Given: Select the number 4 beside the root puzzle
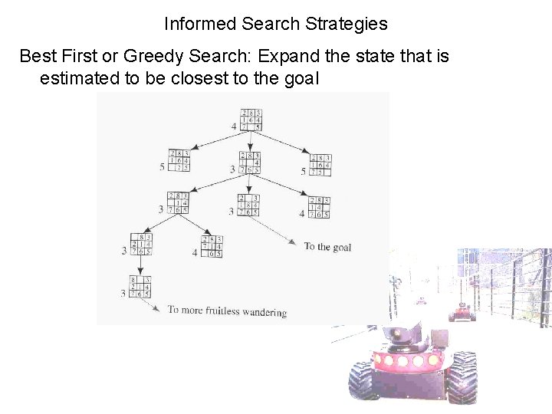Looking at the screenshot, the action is [233, 126].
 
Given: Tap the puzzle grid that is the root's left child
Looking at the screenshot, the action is [179, 161].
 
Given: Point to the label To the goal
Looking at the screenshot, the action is [327, 247].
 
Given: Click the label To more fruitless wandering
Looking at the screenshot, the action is [227, 311].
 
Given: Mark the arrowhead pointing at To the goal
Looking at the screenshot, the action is [294, 245].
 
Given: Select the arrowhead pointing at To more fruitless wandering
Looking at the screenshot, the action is [157, 309].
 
